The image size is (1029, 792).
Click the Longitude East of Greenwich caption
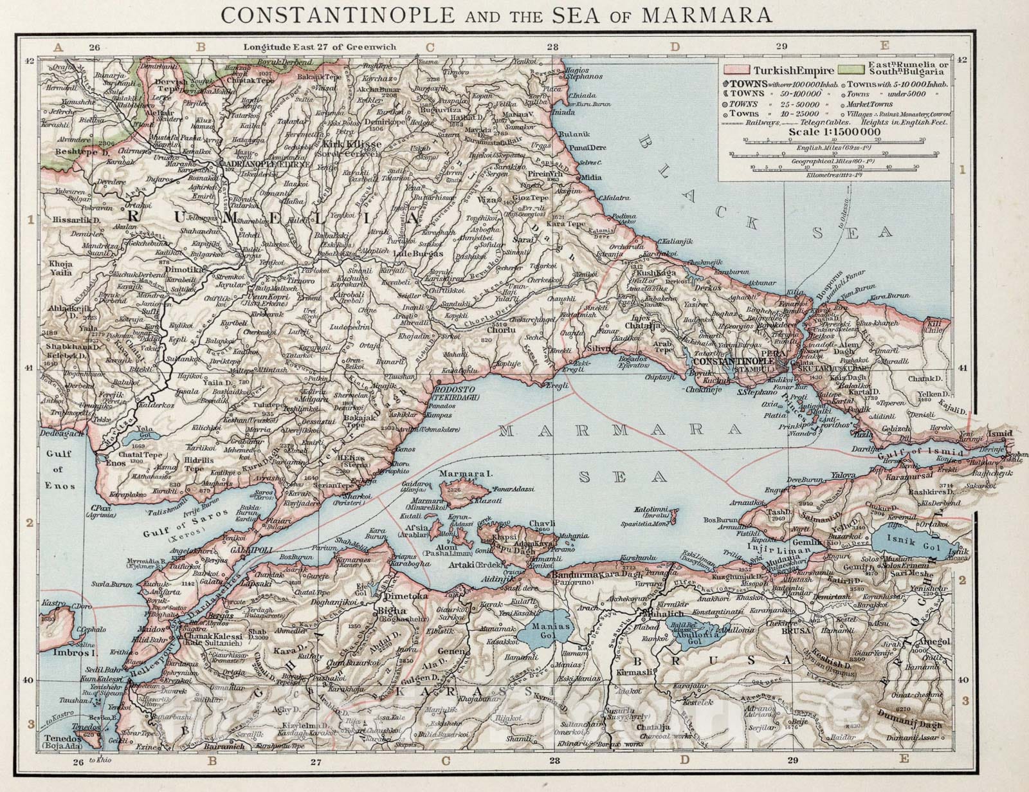point(320,47)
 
